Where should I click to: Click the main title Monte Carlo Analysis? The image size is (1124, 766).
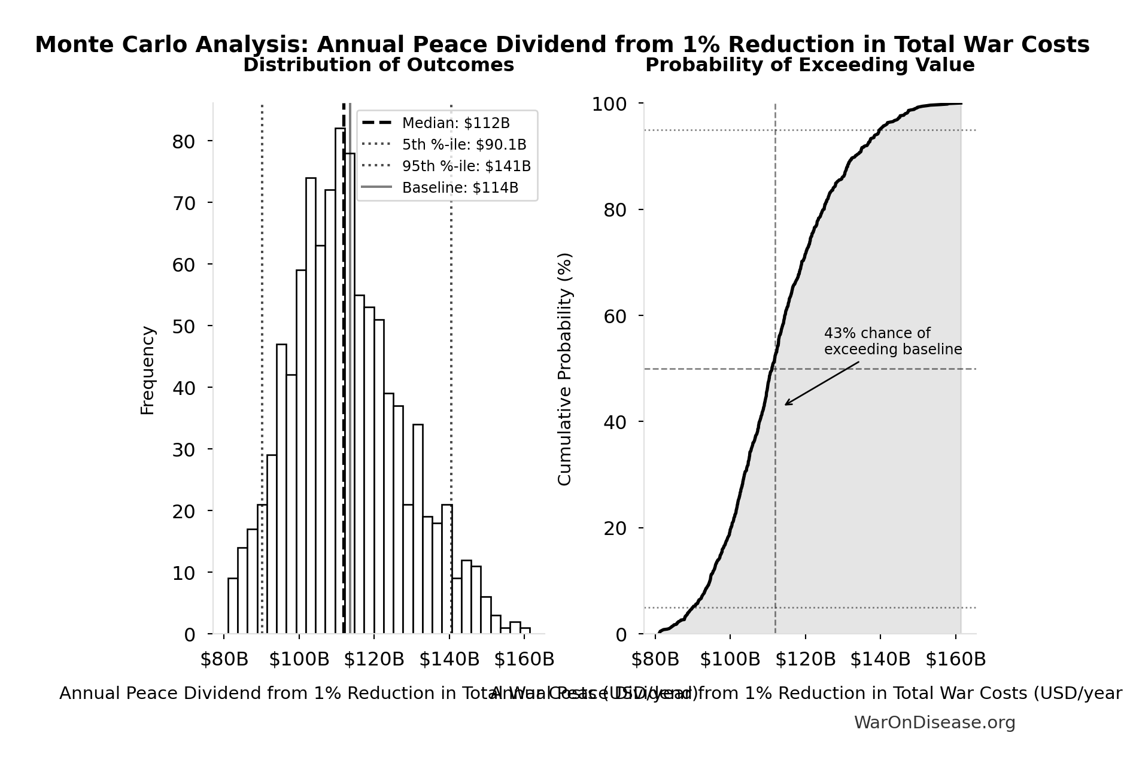[562, 45]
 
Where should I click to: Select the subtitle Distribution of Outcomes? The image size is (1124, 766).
[378, 65]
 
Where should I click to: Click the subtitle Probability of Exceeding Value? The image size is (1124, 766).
[809, 65]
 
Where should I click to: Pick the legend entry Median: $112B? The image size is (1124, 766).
[455, 123]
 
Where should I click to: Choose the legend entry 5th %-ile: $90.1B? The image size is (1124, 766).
[464, 145]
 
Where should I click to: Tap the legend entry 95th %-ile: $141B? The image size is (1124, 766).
[466, 166]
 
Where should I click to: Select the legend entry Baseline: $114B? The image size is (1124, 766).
[460, 188]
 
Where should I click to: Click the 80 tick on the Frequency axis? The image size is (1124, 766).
[184, 142]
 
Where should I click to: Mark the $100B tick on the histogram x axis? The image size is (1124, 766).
[299, 659]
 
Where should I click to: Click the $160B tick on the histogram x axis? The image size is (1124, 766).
[524, 659]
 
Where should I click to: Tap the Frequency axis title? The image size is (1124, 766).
[147, 370]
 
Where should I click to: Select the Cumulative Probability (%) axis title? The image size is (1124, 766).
[564, 369]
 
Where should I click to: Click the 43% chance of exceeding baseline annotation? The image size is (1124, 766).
[892, 341]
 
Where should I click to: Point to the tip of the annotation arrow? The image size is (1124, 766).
[785, 405]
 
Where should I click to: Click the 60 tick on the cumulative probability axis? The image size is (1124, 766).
[615, 316]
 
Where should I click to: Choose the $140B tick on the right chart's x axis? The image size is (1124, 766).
[880, 659]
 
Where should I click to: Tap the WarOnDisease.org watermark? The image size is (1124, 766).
[934, 723]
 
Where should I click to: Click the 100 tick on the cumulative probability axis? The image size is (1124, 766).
[609, 104]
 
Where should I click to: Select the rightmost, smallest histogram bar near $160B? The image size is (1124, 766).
[525, 630]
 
